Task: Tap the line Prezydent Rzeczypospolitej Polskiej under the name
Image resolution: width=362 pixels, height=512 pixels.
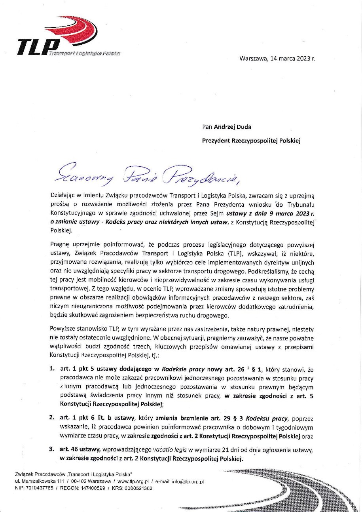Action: pos(251,141)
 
